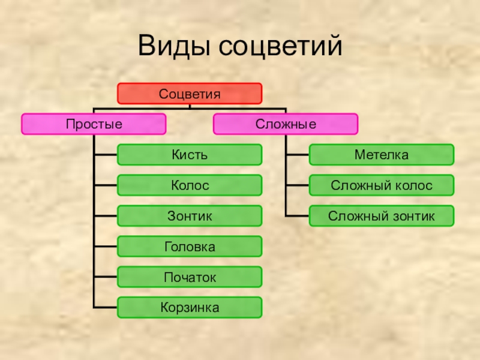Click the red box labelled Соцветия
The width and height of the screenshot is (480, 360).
(190, 94)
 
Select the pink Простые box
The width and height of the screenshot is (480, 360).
(94, 124)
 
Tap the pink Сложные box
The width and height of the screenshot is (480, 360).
(286, 124)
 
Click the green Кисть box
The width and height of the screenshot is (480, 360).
(190, 155)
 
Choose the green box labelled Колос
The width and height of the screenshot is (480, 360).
(190, 185)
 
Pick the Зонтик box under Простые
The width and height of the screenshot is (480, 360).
(190, 216)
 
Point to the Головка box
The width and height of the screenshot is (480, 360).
(190, 247)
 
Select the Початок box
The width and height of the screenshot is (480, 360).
(190, 277)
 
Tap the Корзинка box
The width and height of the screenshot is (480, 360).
(190, 308)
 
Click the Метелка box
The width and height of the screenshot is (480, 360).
(382, 155)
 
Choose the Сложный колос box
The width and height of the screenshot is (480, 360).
(382, 185)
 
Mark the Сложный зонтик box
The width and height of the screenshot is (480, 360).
(382, 216)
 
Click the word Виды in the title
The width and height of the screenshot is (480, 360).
(174, 47)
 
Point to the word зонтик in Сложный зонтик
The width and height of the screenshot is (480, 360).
(415, 216)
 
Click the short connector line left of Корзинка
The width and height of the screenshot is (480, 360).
(106, 308)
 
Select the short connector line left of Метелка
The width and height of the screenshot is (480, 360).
(298, 155)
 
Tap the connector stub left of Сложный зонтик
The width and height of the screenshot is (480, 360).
(298, 216)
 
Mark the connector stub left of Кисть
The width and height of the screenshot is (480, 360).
(106, 155)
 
